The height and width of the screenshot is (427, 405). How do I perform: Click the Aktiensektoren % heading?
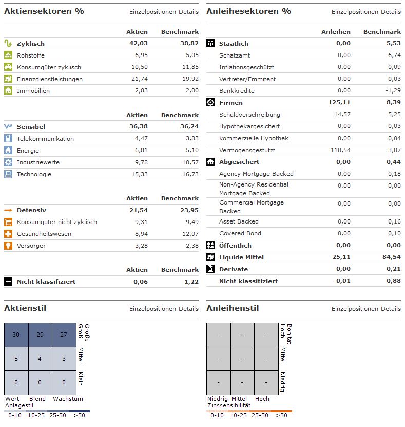tap(44, 11)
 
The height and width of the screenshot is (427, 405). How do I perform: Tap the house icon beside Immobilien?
tap(8, 90)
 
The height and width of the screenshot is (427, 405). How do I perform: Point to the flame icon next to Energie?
tap(8, 150)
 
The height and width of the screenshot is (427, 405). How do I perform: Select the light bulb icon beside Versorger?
tap(8, 246)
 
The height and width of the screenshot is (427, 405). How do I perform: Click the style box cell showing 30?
tap(16, 335)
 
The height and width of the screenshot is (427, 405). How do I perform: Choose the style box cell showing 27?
tap(64, 335)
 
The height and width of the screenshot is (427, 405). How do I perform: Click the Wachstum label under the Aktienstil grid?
tap(68, 399)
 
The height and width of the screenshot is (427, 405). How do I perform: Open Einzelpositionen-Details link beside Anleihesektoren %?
tap(366, 11)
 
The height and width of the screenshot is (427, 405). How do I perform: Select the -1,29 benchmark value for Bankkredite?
tap(393, 90)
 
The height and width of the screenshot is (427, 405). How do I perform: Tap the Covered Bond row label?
tap(240, 233)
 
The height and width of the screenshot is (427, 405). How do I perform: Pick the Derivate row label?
tap(233, 269)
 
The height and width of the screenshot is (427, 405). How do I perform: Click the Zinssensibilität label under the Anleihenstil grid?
tap(228, 405)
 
